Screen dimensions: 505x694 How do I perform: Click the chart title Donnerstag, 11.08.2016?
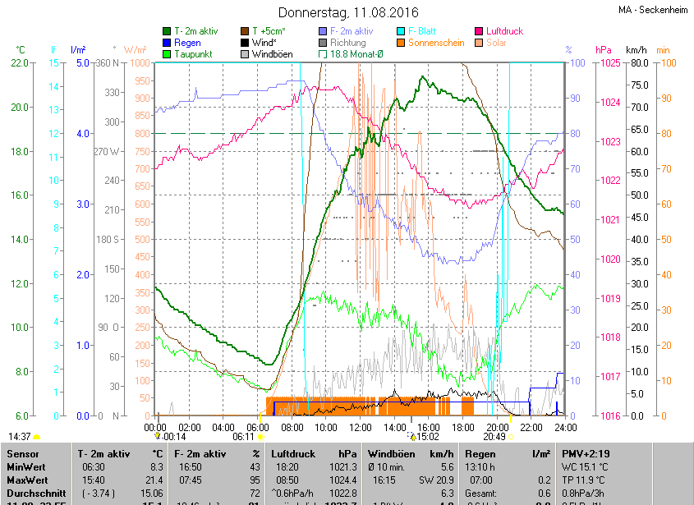[x=348, y=13]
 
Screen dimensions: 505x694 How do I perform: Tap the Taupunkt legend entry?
[x=194, y=54]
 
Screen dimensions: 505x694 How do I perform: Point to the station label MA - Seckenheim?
[x=653, y=10]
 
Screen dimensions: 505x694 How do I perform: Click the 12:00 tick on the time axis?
[x=361, y=428]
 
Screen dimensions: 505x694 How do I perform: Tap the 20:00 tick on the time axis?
[x=497, y=428]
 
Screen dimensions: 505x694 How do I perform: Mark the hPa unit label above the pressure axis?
[x=604, y=50]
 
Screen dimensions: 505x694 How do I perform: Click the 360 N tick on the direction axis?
[x=108, y=63]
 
